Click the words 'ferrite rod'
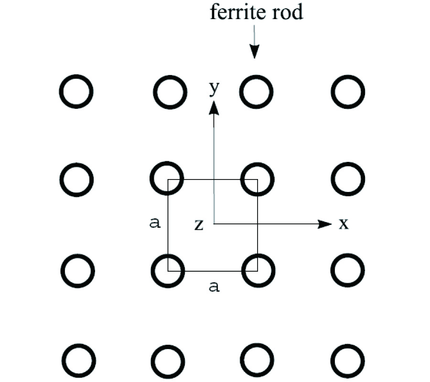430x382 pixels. [256, 12]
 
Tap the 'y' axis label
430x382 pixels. [214, 89]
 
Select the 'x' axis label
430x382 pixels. [344, 224]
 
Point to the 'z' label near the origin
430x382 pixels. [199, 225]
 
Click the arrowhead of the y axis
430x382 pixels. [214, 107]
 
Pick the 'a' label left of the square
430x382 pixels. [154, 223]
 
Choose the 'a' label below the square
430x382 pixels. [215, 286]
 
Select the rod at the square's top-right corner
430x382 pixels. [258, 179]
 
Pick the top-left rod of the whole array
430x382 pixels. [75, 91]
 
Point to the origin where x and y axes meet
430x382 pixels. [214, 223]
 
